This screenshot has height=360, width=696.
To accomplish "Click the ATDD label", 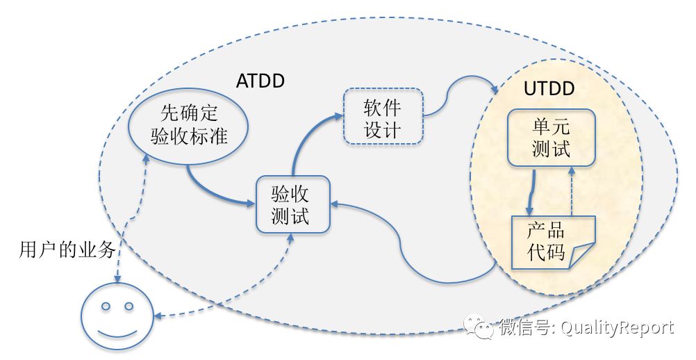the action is click(260, 81).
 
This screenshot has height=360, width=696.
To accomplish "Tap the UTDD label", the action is click(549, 89).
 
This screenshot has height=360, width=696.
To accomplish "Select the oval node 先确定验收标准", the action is click(188, 125).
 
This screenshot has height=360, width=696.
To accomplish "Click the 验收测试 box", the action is click(293, 204).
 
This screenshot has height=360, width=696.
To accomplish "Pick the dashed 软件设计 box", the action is click(383, 116).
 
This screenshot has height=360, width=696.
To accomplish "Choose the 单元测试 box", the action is click(551, 138).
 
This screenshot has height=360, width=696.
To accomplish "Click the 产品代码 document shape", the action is click(553, 243).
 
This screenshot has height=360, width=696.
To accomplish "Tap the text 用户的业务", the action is click(67, 250).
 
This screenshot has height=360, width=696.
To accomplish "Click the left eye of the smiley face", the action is click(106, 306).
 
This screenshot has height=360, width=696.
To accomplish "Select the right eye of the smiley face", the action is click(129, 306).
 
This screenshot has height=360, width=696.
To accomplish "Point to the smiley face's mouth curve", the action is click(117, 334).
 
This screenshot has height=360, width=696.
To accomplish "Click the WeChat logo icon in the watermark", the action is click(479, 327).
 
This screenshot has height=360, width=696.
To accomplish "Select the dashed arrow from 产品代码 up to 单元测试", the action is click(572, 191).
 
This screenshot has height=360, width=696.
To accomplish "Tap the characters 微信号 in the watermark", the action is click(524, 328).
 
